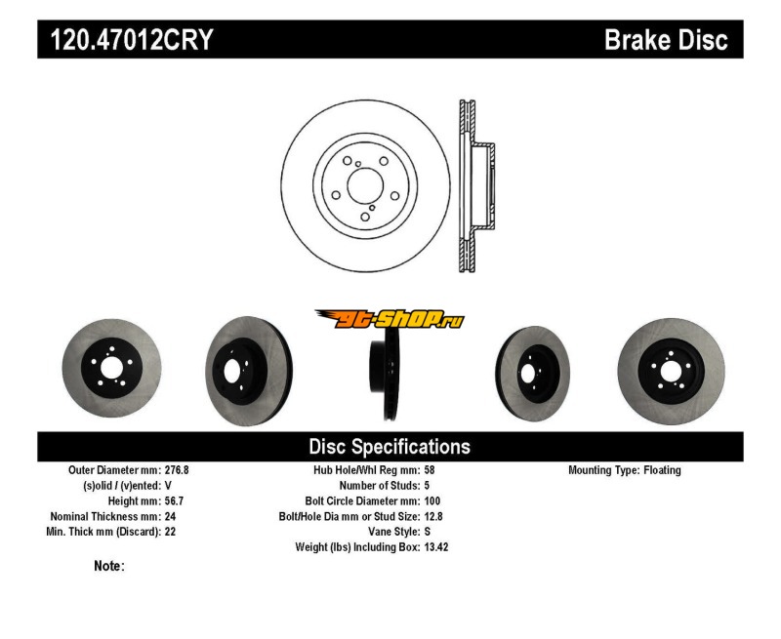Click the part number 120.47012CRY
[x=132, y=39]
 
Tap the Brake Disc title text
[x=666, y=39]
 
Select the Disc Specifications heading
[x=390, y=447]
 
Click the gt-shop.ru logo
[x=390, y=319]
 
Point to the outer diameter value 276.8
[x=177, y=470]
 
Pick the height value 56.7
[x=175, y=500]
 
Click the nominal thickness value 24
[x=170, y=517]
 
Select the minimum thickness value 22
[x=170, y=532]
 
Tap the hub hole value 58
[x=430, y=470]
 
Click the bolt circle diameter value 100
[x=432, y=500]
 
